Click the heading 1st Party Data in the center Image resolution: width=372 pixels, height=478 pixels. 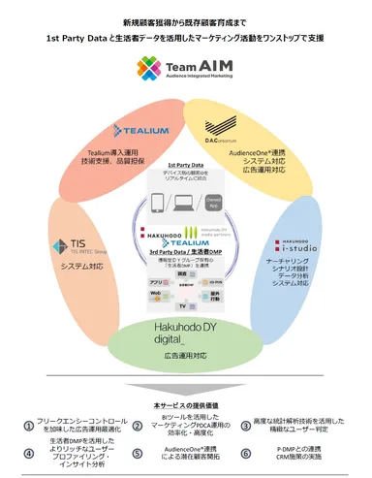[x=186, y=166]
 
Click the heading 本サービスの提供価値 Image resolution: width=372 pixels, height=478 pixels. [x=186, y=376]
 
